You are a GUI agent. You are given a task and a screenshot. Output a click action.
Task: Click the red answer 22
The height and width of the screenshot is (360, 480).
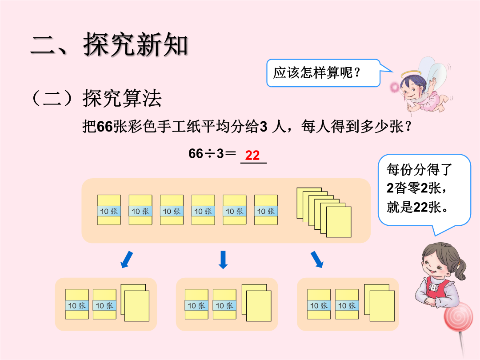(x=252, y=156)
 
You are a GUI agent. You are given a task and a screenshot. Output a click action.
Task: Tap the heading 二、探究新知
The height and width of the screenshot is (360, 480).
(x=109, y=45)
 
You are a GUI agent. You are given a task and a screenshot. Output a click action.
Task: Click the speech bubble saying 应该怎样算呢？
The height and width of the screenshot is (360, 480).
(x=323, y=72)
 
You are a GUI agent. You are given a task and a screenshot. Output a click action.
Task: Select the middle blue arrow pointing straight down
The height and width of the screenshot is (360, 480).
(x=223, y=260)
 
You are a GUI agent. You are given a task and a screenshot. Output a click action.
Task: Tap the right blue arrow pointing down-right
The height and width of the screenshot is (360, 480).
(x=317, y=260)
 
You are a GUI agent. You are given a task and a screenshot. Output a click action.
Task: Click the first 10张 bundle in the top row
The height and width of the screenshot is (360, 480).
(x=109, y=210)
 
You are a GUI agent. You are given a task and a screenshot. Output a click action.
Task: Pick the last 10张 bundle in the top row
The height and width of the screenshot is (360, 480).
(x=266, y=210)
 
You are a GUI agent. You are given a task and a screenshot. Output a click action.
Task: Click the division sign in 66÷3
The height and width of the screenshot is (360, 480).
(x=209, y=154)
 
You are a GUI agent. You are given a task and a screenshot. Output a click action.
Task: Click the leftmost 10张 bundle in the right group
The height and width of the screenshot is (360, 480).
(x=319, y=304)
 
